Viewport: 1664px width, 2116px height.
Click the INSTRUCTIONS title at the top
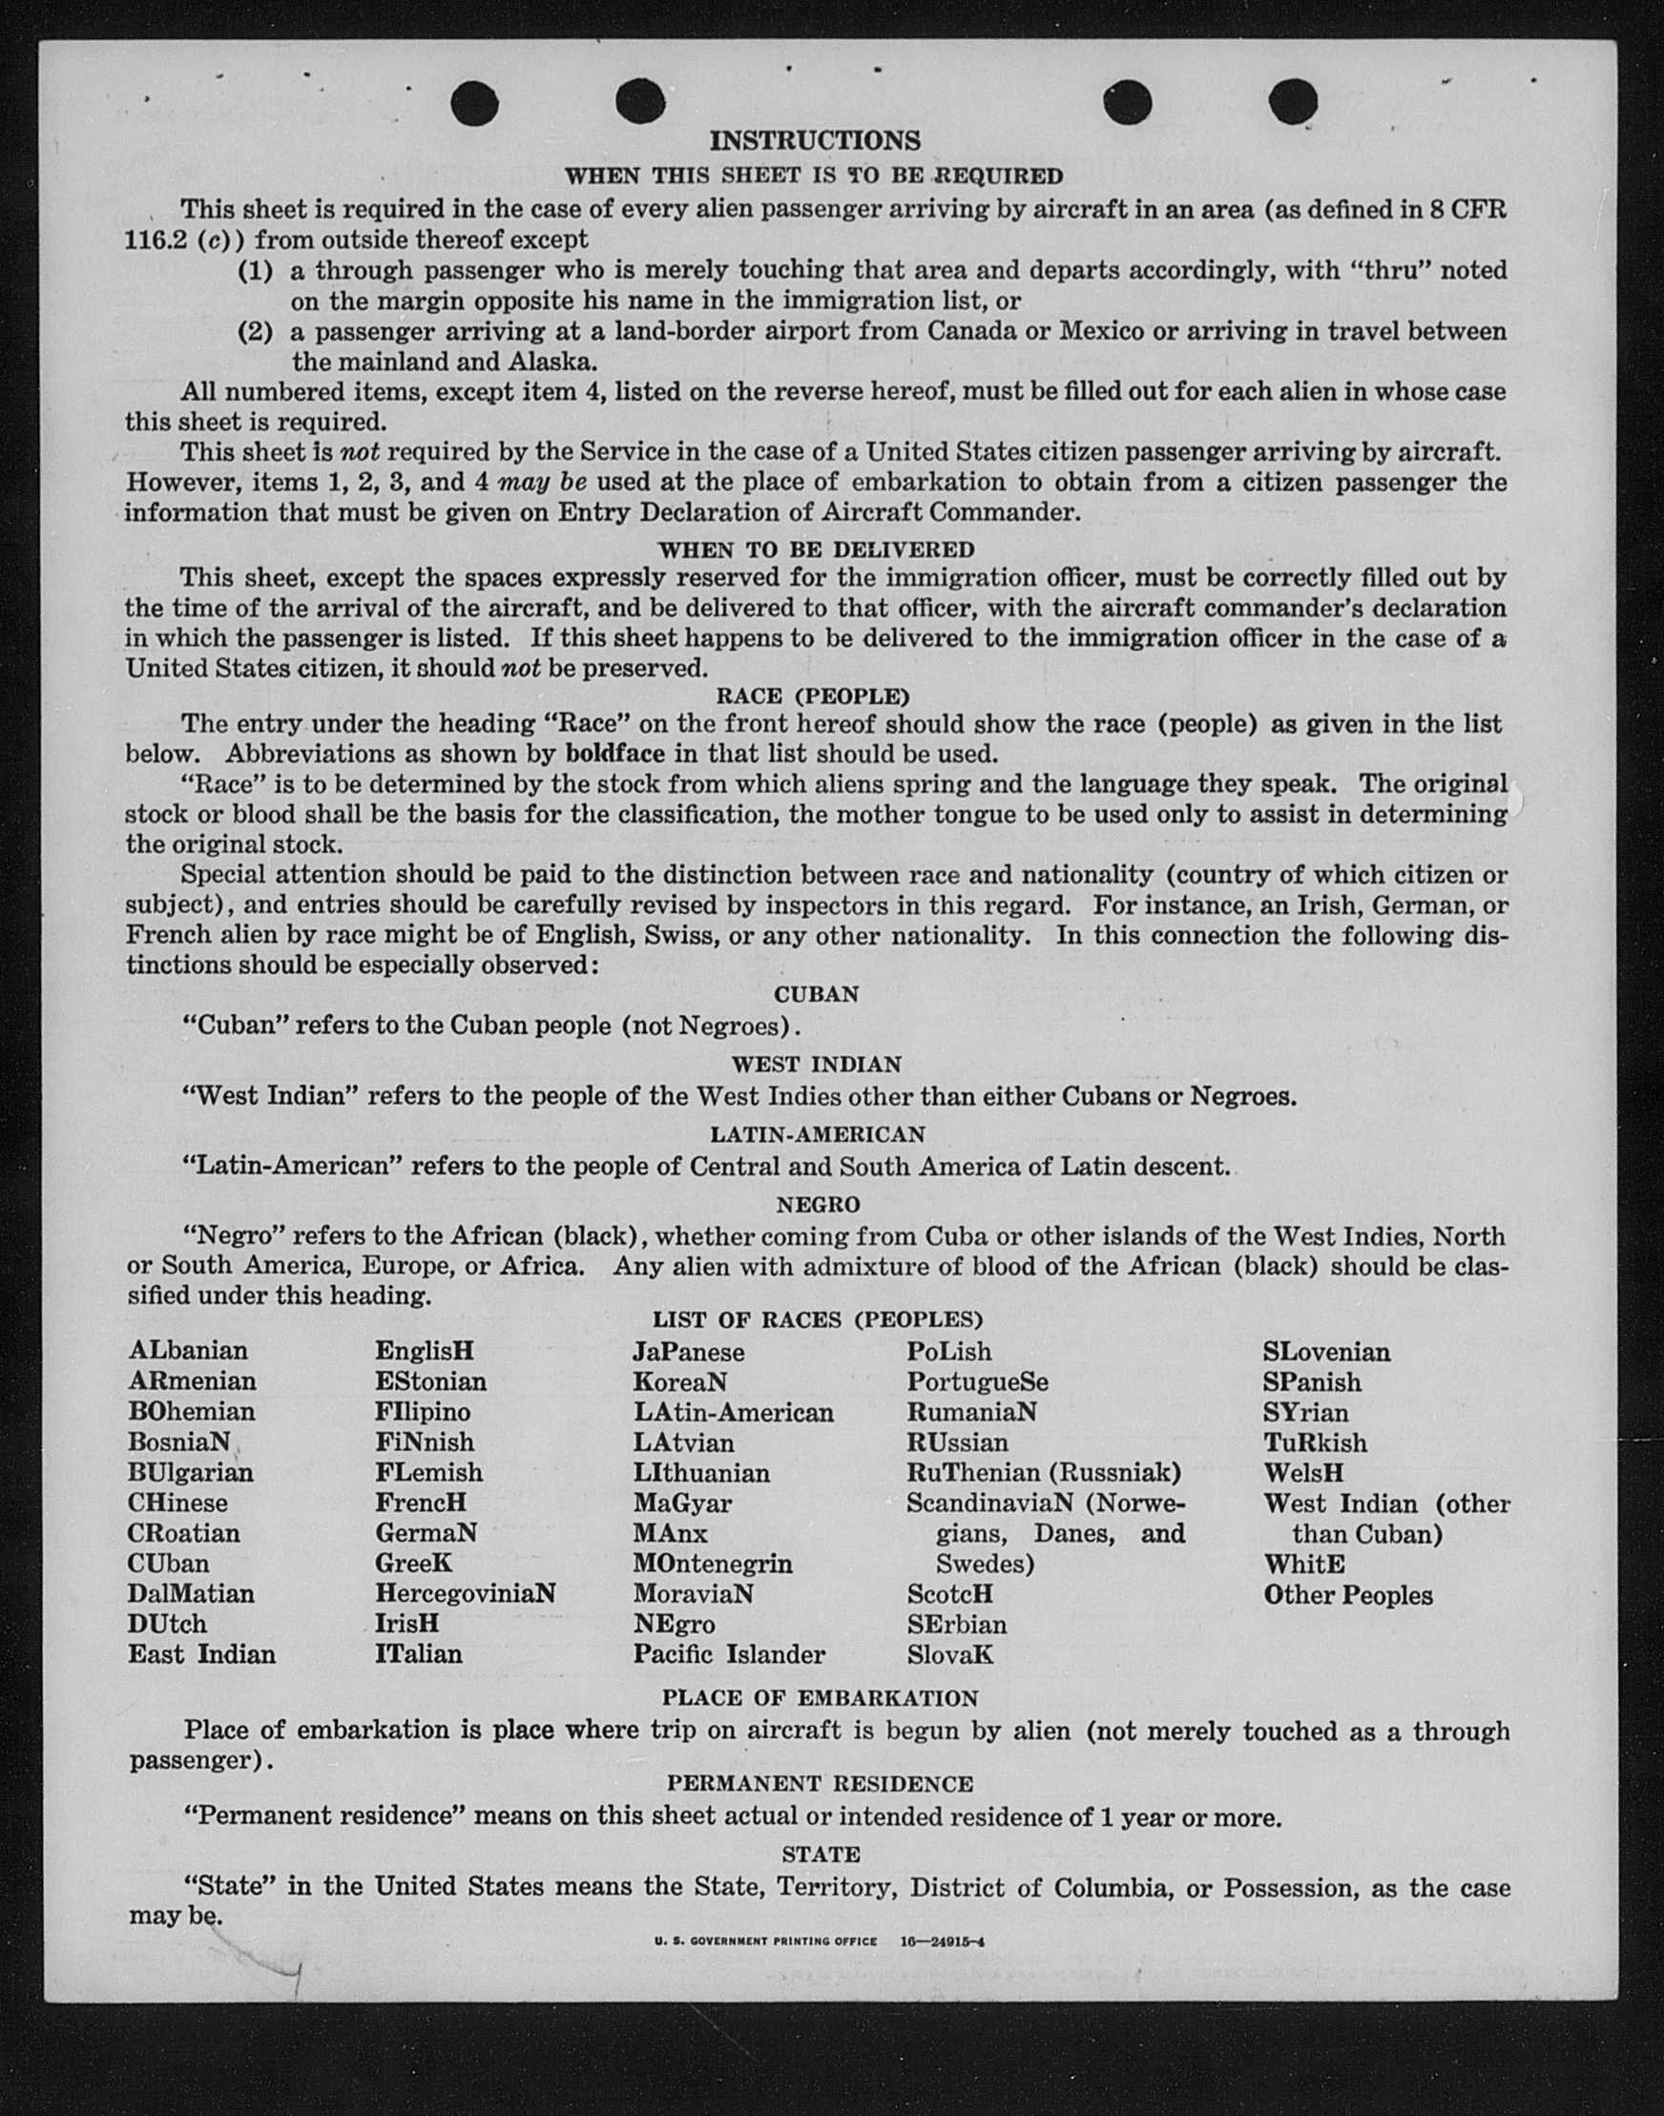815,141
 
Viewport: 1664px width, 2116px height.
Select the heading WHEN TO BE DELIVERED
816,550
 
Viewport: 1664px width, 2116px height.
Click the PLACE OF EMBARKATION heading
820,1698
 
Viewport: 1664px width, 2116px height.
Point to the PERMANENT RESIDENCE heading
820,1784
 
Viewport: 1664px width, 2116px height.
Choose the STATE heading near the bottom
821,1854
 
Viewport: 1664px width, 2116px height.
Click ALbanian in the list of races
188,1350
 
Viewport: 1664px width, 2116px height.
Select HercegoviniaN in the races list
465,1594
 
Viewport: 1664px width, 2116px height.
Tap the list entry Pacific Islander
729,1654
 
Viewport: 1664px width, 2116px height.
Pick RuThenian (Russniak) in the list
1044,1472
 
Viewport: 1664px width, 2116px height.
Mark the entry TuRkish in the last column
1314,1442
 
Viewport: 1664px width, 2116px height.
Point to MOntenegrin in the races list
712,1564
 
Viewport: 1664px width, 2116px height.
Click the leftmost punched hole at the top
475,102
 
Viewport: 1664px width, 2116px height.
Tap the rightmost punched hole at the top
1293,100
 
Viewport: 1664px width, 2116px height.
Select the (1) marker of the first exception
256,270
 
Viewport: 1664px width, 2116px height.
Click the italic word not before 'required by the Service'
359,452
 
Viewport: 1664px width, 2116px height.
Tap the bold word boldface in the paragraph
614,754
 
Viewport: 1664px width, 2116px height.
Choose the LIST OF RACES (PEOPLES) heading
818,1320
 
